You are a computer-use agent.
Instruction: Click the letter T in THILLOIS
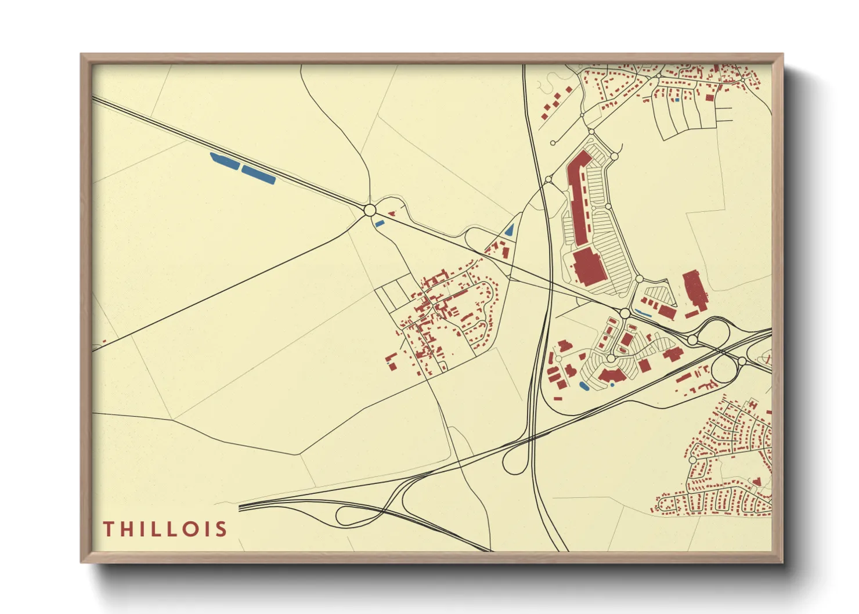[109, 529]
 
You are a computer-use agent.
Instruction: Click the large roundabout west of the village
[370, 210]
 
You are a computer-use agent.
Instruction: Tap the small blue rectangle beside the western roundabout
[380, 223]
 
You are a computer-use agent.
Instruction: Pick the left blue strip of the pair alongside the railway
[225, 161]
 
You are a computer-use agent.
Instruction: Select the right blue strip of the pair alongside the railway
[258, 175]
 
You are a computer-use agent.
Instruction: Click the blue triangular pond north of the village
[510, 230]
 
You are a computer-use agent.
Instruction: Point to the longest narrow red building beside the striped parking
[579, 197]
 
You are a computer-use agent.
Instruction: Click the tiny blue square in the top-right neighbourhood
[677, 100]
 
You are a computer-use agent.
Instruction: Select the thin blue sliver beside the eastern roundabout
[643, 313]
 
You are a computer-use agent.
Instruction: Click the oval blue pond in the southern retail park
[584, 385]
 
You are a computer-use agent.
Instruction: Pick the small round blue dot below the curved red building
[612, 385]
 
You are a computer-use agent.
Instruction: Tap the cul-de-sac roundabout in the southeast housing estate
[692, 460]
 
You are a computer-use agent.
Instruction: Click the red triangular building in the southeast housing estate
[756, 481]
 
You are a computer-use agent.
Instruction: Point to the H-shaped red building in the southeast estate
[753, 403]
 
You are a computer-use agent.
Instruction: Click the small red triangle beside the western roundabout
[392, 214]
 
